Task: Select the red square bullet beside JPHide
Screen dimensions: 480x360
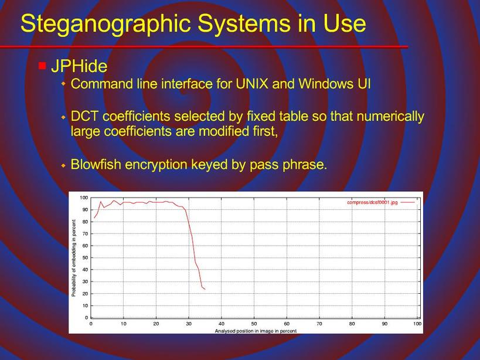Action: point(42,66)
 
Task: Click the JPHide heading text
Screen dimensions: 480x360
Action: point(79,66)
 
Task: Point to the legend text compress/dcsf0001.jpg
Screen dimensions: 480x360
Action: point(372,202)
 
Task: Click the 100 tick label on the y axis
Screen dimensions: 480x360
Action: point(84,198)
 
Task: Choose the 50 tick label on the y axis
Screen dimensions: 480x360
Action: point(85,257)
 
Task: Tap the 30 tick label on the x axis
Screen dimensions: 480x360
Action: point(189,324)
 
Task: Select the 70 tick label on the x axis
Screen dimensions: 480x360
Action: point(319,324)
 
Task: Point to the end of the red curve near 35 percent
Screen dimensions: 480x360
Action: point(205,289)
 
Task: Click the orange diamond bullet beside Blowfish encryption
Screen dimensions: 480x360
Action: point(63,165)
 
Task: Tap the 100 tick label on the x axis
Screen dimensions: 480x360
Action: point(417,324)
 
